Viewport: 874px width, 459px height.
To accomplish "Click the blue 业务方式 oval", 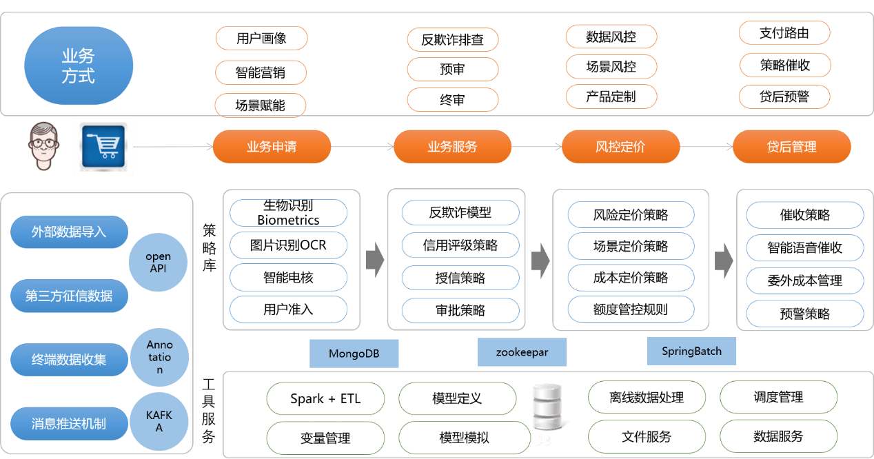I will pyautogui.click(x=79, y=65).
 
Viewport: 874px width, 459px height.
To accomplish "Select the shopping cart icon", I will pyautogui.click(x=103, y=146).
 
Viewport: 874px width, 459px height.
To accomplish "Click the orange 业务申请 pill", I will pyautogui.click(x=272, y=147).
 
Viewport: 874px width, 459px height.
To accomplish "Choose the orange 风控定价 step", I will pyautogui.click(x=620, y=147).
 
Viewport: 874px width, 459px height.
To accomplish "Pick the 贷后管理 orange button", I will pyautogui.click(x=791, y=147).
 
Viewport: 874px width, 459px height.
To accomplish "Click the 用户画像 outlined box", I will pyautogui.click(x=261, y=38).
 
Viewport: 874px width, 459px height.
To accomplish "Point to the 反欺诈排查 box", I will pyautogui.click(x=452, y=39).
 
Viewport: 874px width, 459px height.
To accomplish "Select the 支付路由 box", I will pyautogui.click(x=784, y=32).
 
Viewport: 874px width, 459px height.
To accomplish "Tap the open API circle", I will pyautogui.click(x=159, y=262).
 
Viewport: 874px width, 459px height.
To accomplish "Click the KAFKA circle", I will pyautogui.click(x=159, y=421).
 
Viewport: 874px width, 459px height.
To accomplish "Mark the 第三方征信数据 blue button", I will pyautogui.click(x=69, y=296).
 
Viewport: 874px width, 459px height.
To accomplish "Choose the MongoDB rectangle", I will pyautogui.click(x=354, y=354).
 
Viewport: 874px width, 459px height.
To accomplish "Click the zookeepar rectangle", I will pyautogui.click(x=522, y=352).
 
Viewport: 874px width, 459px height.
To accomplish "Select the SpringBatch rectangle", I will pyautogui.click(x=691, y=351).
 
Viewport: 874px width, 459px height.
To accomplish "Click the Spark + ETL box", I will pyautogui.click(x=325, y=398).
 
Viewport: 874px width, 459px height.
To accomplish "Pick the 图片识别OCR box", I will pyautogui.click(x=288, y=245).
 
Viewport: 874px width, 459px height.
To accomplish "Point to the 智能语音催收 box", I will pyautogui.click(x=804, y=247).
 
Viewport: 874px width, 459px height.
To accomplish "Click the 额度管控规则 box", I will pyautogui.click(x=630, y=309).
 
